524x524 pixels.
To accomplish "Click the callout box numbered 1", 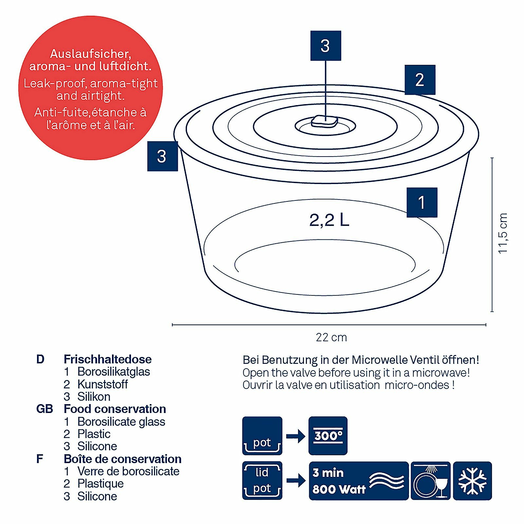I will click(422, 202).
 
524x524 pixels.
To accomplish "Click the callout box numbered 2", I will click(420, 80).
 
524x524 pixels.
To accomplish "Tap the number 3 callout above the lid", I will click(326, 46).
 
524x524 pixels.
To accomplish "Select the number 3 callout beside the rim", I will click(162, 156).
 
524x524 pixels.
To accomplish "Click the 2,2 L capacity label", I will click(329, 220).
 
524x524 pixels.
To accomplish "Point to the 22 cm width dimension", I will click(331, 337).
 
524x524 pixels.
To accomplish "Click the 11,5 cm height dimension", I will click(503, 233).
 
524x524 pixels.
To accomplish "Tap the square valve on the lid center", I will click(324, 122).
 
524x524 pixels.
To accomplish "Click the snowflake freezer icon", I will click(472, 481).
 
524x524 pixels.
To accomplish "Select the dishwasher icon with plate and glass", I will click(430, 481).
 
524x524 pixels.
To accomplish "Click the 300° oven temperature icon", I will click(328, 436).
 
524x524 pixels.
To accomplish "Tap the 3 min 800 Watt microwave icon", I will click(359, 481).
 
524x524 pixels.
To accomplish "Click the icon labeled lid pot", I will click(262, 480).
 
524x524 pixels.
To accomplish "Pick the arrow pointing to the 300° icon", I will click(295, 436).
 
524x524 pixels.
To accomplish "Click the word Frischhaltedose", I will click(107, 359).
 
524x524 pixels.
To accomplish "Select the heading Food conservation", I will click(115, 409).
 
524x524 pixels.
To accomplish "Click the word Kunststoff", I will click(103, 384).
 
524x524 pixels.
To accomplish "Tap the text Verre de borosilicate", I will click(128, 471).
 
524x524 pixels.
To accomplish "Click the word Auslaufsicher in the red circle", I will click(90, 54).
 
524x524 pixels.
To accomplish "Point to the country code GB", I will click(45, 409).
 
